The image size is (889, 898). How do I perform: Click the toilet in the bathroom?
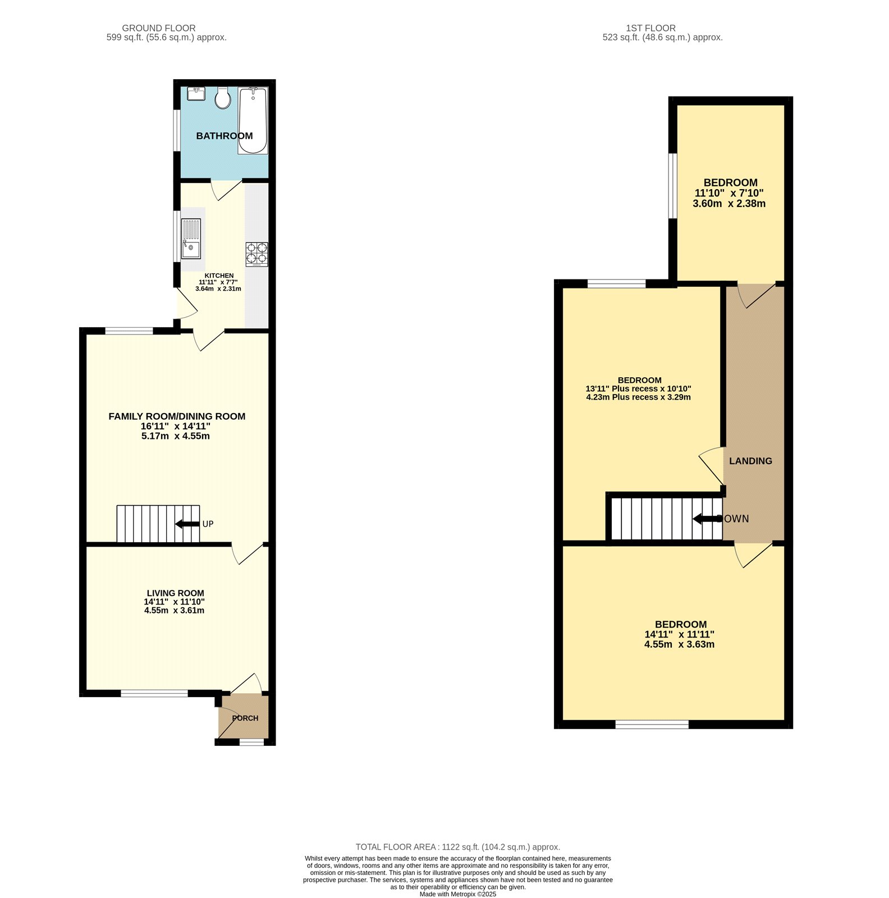[x=223, y=98]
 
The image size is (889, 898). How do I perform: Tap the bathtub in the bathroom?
[x=253, y=121]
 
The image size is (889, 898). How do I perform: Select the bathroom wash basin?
[x=196, y=94]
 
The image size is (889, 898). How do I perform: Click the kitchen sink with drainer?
[x=191, y=238]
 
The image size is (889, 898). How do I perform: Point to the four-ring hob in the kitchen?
[x=256, y=254]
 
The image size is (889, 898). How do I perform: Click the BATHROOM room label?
[x=224, y=136]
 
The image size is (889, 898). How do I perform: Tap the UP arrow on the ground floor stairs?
[x=187, y=524]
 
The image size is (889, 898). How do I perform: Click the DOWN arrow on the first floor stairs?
[x=707, y=519]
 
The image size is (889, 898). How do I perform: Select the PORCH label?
[x=245, y=718]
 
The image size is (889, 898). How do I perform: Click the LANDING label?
[x=750, y=461]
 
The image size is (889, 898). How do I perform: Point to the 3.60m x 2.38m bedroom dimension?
[x=729, y=204]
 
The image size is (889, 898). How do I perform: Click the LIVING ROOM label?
[x=175, y=593]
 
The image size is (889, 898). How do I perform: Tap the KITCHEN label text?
[x=219, y=276]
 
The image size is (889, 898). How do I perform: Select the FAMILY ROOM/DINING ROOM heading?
[x=177, y=416]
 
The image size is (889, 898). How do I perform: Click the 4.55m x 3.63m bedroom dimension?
[x=679, y=644]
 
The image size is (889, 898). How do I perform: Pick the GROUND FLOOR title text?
[x=159, y=28]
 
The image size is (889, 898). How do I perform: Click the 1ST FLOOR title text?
[x=650, y=28]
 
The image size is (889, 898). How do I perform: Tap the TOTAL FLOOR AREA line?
[x=457, y=847]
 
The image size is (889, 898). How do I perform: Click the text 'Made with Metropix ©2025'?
[x=457, y=895]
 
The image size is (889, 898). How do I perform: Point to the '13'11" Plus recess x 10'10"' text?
[x=638, y=388]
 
